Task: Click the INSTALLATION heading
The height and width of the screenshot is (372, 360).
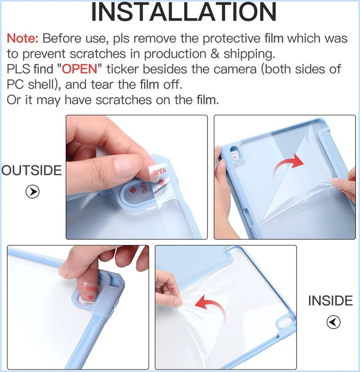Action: pos(184,12)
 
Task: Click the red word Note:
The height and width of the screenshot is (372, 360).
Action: pos(22,38)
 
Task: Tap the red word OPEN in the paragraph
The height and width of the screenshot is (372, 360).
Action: pos(79,69)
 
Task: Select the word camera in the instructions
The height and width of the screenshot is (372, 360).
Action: pos(234,69)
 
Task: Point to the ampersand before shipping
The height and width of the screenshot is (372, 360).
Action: pos(215,54)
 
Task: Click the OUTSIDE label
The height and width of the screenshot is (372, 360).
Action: pos(31,170)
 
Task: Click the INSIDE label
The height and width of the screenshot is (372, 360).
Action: pos(330,300)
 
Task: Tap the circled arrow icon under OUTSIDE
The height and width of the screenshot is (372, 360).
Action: pos(32,192)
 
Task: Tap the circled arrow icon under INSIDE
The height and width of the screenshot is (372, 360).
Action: pos(333,322)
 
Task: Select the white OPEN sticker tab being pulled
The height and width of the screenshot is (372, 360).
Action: pos(157,173)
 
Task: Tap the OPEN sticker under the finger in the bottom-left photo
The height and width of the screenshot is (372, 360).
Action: pos(91,292)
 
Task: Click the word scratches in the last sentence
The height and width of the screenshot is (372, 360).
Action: pos(123,100)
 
